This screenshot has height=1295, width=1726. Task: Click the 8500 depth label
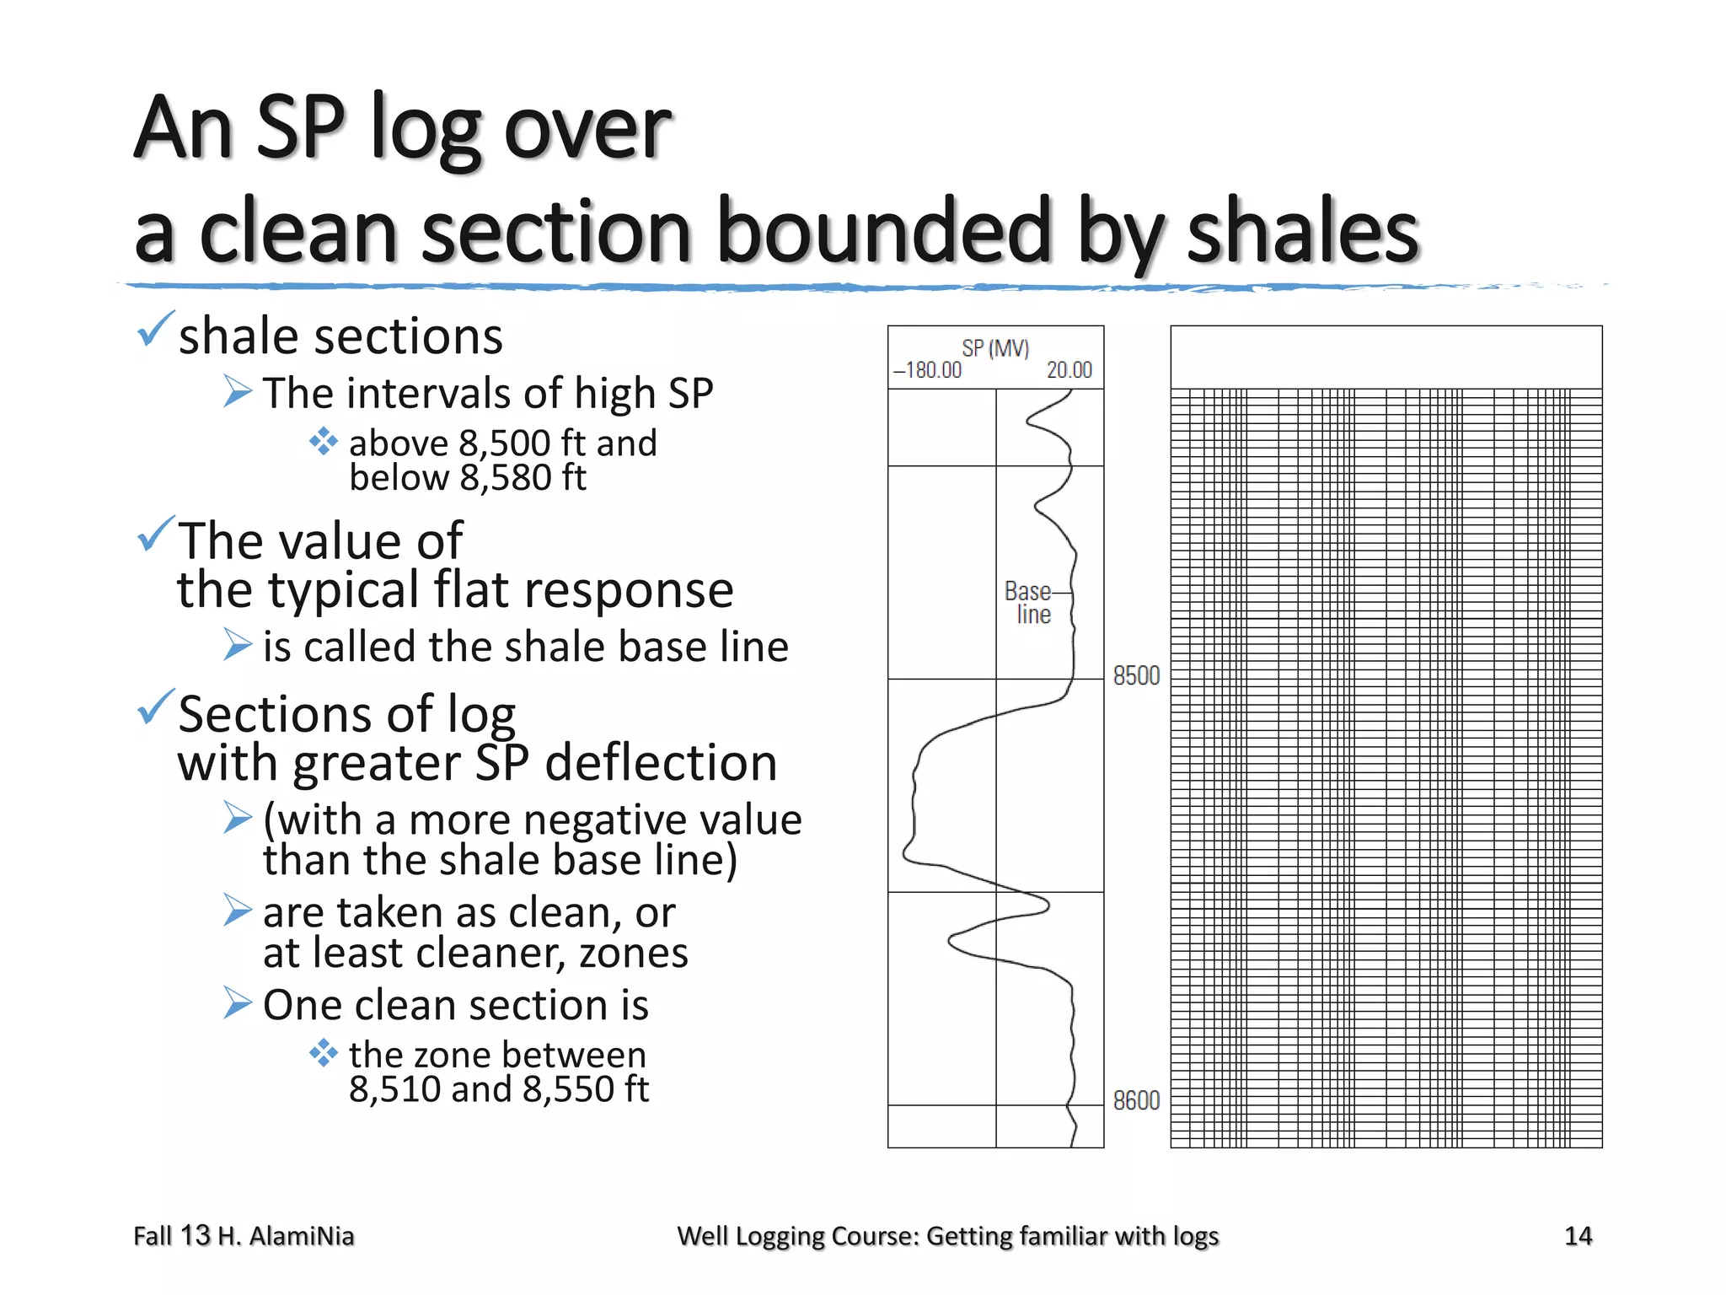point(1135,676)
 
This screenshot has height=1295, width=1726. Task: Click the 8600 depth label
point(1135,1100)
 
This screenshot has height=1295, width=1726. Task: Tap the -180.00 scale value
point(928,370)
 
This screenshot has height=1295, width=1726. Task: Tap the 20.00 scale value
point(1069,370)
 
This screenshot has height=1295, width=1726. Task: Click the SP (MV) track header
point(995,348)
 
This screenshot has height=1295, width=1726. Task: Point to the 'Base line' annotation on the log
point(1028,602)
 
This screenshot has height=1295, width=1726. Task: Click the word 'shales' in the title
point(1302,232)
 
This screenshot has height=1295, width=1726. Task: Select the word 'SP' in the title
point(300,127)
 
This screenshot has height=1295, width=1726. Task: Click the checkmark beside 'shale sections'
point(155,330)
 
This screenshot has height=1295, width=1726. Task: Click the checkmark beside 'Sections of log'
point(155,707)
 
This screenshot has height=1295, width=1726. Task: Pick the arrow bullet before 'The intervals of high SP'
point(238,391)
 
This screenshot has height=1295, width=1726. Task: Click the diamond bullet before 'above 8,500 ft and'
point(323,441)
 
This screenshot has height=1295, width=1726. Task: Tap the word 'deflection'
point(661,763)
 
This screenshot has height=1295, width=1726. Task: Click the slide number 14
point(1578,1236)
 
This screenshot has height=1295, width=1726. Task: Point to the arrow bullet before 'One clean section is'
point(238,1003)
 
